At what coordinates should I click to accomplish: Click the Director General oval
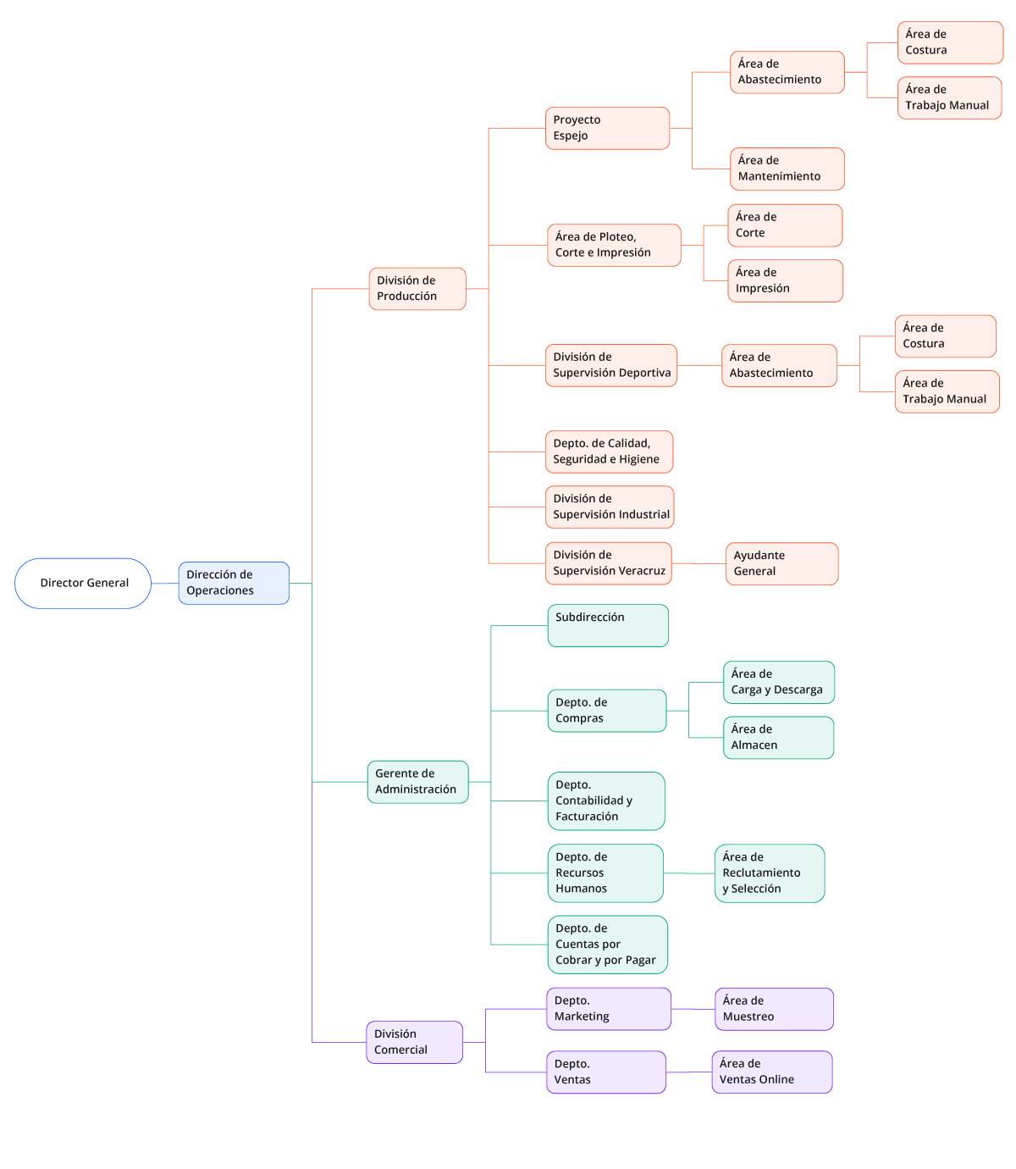coord(83,583)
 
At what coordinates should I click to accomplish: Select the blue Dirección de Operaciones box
coord(233,583)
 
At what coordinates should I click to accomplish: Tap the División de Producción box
coord(417,289)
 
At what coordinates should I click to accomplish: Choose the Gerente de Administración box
coord(417,782)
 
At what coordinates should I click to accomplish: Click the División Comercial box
coord(414,1042)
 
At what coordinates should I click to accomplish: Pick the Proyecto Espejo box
coord(607,128)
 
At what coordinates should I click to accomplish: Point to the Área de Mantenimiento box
coord(787,169)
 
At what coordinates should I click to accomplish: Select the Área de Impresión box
coord(785,280)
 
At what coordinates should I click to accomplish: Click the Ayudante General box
coord(781,563)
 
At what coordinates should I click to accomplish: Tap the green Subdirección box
coord(607,625)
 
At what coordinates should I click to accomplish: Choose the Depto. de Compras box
coord(606,711)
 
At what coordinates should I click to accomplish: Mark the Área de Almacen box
coord(778,738)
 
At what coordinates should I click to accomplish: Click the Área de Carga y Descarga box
coord(778,682)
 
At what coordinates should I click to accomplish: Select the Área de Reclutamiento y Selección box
coord(769,873)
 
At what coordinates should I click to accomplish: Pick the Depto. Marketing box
coord(608,1009)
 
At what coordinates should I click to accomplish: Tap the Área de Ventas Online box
coord(771,1072)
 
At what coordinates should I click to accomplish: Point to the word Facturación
coord(587,817)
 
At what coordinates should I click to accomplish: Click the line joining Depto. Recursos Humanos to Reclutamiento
coord(689,873)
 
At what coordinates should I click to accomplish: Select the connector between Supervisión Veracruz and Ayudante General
coord(698,563)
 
